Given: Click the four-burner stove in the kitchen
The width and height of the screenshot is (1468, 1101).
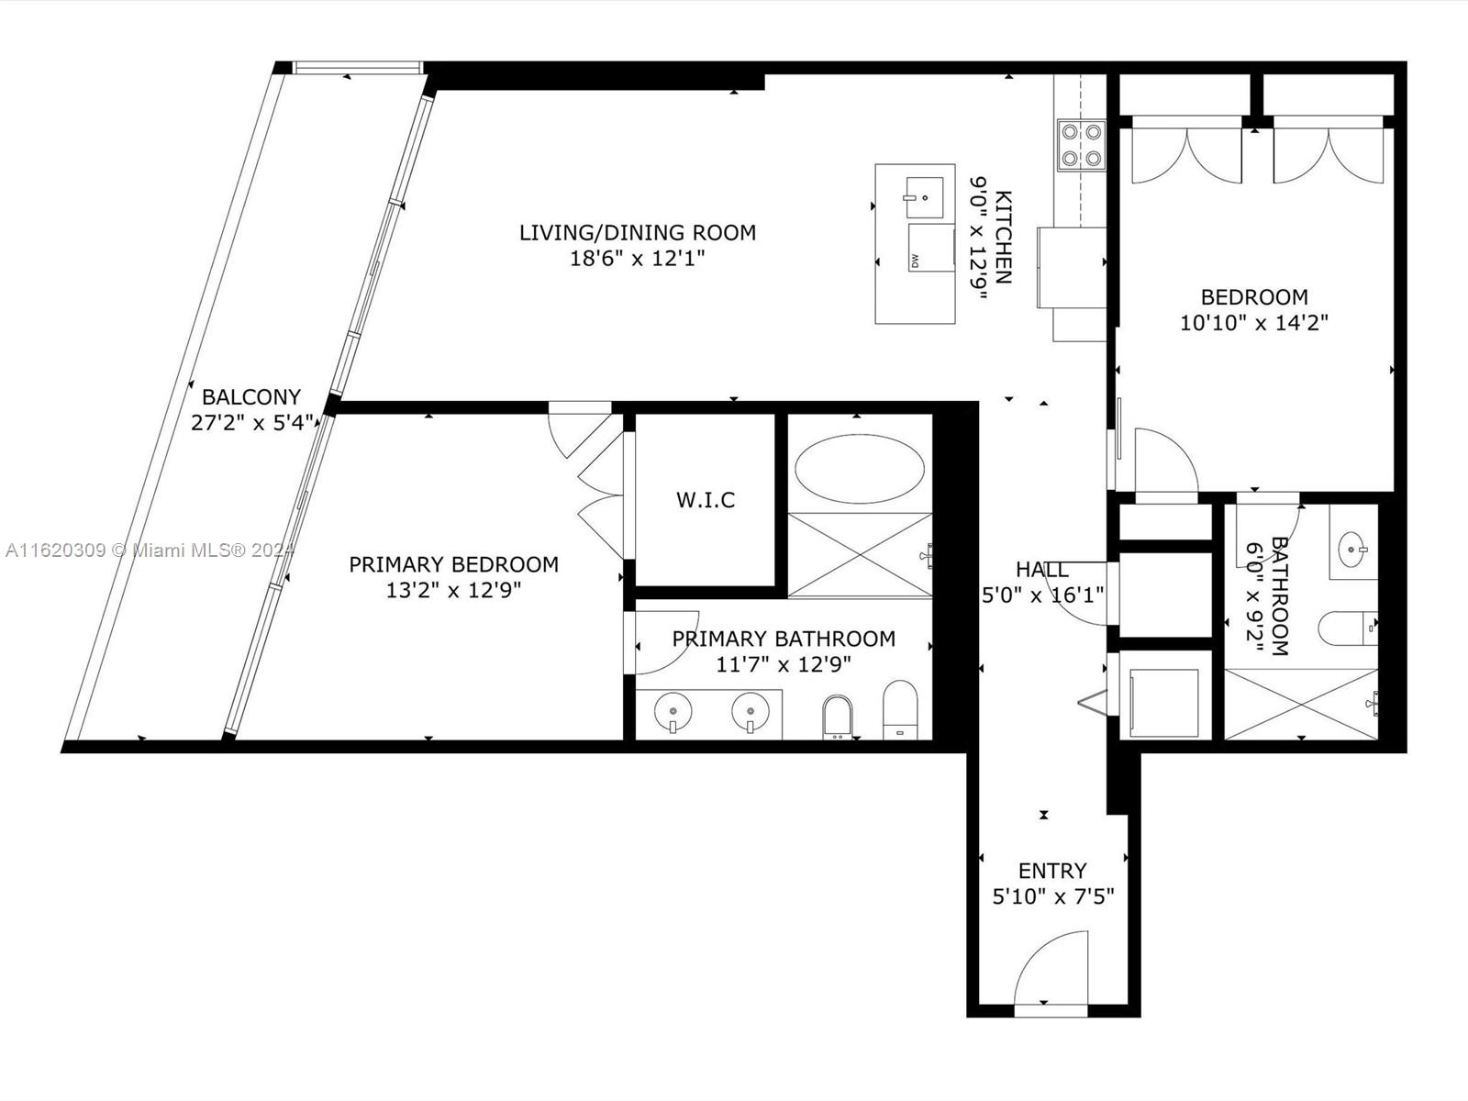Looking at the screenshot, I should [1081, 145].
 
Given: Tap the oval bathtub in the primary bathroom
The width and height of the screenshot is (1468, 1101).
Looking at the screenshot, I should [859, 468].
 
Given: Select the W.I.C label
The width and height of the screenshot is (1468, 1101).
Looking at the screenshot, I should [706, 500].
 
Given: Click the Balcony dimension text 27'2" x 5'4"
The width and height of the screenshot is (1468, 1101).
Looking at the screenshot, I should [252, 423].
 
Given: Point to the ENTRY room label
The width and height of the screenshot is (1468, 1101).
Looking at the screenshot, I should [1052, 870].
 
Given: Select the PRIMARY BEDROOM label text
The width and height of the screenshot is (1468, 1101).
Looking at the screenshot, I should [453, 564].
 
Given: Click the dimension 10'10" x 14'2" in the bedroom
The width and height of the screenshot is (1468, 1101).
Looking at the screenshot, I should [1253, 323].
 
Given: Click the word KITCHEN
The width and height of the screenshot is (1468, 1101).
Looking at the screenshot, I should [1004, 238].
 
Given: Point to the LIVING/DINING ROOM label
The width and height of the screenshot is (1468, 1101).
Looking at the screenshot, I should [638, 233].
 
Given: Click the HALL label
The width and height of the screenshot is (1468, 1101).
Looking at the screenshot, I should [1041, 570].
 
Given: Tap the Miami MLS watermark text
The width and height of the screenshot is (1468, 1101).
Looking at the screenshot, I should [147, 550].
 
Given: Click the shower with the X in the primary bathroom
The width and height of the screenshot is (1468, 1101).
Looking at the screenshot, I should [859, 555].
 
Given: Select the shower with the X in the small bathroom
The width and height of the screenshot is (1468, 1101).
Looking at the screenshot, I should [1300, 703].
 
